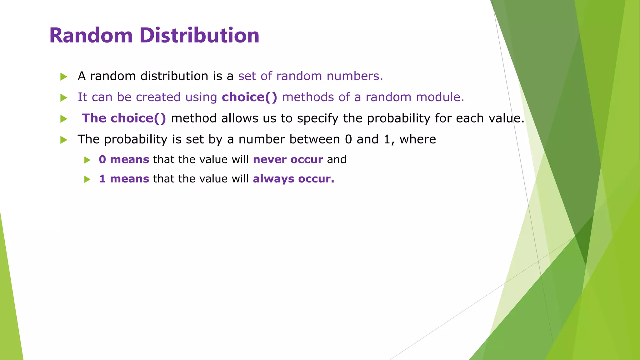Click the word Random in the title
tap(91, 35)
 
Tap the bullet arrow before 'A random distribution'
tap(64, 77)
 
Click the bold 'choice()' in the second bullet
tap(249, 97)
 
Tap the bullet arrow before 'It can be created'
tap(64, 98)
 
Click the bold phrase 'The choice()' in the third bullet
tap(124, 118)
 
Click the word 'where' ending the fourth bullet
tap(417, 139)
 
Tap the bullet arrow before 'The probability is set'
tap(64, 140)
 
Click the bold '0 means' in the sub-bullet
tap(124, 160)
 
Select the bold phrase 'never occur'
tap(287, 160)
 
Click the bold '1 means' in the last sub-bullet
tap(124, 179)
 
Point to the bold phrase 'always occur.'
tap(293, 179)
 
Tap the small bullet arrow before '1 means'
tap(87, 179)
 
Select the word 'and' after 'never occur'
tap(337, 160)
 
